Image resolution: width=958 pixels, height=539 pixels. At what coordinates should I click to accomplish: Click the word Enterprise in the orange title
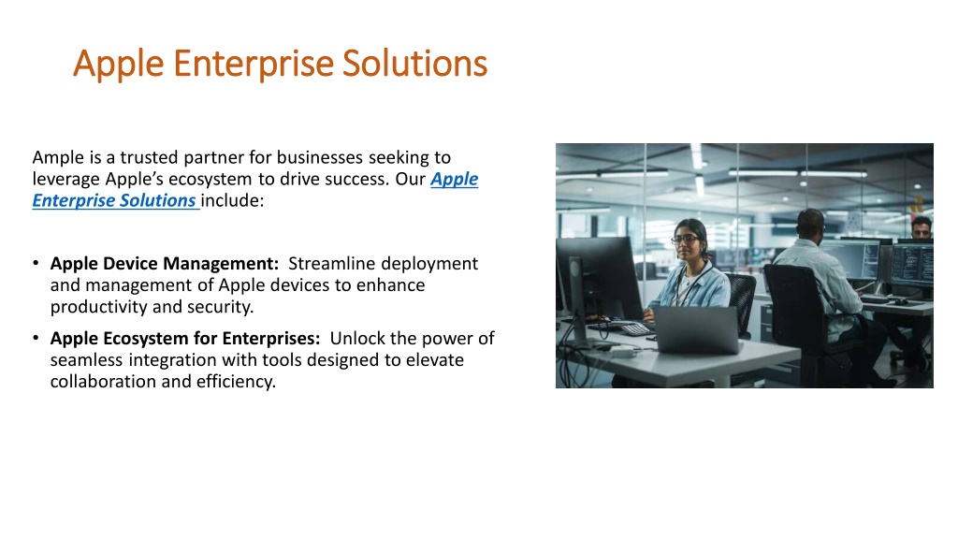point(254,64)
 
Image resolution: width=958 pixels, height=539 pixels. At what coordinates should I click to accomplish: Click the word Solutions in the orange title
point(414,64)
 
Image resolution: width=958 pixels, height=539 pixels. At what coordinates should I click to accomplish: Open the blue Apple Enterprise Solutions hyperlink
point(255,189)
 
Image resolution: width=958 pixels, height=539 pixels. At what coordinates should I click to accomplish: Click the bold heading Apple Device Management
point(165,264)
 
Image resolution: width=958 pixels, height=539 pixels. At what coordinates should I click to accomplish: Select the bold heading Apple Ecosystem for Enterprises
point(185,339)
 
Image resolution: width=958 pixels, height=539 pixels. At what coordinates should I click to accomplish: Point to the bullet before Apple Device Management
point(36,263)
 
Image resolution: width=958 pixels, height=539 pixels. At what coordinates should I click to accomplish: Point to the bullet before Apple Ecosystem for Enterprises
point(36,338)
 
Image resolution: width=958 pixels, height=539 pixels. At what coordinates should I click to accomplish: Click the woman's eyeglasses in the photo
point(685,239)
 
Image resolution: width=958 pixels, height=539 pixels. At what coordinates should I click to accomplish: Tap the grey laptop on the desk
point(696,329)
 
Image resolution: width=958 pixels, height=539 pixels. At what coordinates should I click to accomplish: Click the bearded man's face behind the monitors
point(921,229)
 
